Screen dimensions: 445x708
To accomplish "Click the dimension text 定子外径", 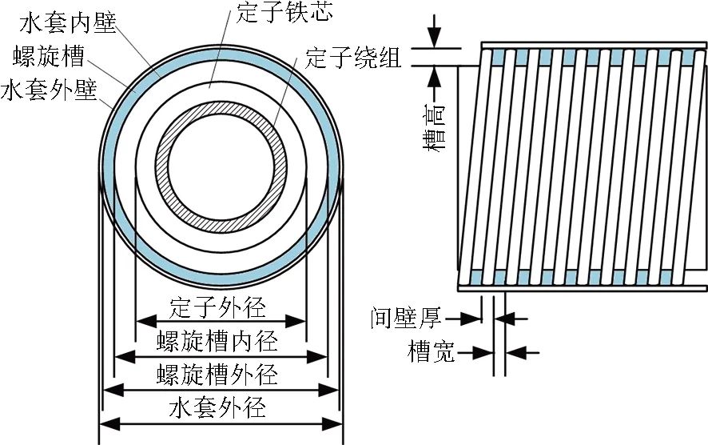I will (x=218, y=307).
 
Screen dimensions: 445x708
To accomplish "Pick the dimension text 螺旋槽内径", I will (x=218, y=342).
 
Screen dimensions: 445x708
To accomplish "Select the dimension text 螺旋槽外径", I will (x=218, y=374).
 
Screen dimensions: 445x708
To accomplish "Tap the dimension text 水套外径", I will (x=218, y=407).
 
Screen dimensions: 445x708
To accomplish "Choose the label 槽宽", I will (x=432, y=351).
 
